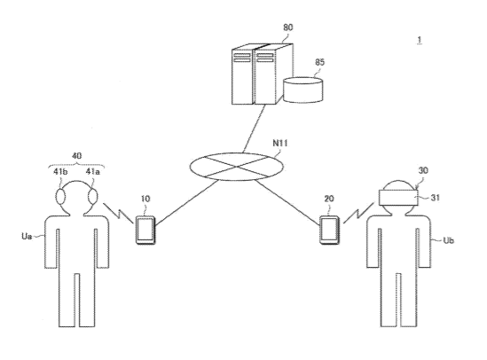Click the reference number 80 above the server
click(288, 27)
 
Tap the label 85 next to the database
click(320, 62)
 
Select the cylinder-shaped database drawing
click(302, 90)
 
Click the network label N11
click(280, 143)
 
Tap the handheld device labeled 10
click(145, 230)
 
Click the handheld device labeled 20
click(329, 230)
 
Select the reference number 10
click(145, 199)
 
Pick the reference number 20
click(329, 199)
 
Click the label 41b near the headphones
click(60, 172)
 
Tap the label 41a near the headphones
click(93, 172)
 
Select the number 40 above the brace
click(76, 156)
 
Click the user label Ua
click(27, 236)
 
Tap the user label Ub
click(449, 240)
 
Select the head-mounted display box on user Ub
click(399, 198)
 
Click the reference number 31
click(436, 198)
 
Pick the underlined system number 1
click(420, 40)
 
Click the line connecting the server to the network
click(254, 129)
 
